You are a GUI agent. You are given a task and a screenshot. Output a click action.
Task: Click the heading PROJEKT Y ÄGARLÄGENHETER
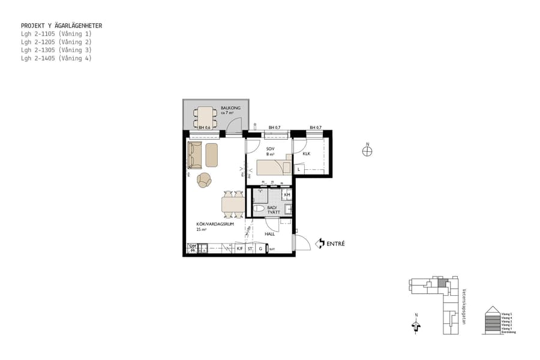61,26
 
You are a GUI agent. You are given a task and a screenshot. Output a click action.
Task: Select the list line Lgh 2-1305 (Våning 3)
56,50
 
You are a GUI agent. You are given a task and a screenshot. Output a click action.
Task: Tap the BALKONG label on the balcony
230,108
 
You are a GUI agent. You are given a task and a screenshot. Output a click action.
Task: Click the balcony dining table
206,114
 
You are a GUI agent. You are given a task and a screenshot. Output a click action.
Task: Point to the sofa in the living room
194,155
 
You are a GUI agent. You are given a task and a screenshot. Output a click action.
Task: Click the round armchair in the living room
205,179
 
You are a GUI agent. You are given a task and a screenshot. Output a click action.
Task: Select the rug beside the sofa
212,155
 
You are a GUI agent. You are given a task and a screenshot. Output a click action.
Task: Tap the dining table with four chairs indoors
233,205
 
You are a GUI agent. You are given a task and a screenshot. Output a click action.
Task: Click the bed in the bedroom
274,167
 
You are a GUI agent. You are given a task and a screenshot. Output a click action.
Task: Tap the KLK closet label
306,154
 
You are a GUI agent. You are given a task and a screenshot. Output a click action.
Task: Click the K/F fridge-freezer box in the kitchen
239,248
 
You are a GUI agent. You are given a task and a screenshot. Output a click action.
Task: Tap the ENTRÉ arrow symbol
320,243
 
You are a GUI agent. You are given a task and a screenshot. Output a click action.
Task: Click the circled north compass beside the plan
367,151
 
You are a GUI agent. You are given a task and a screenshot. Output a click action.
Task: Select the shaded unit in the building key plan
443,283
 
